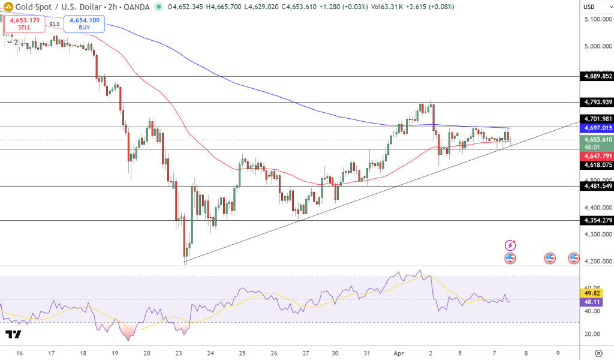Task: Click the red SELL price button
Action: coord(25,23)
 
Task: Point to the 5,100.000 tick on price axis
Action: coord(597,19)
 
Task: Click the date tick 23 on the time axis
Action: coord(179,353)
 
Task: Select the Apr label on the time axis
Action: coord(399,353)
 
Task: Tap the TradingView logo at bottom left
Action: coord(13,334)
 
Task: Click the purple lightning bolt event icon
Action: coord(510,245)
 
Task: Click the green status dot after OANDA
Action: coord(158,7)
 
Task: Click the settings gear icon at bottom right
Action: coord(598,352)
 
